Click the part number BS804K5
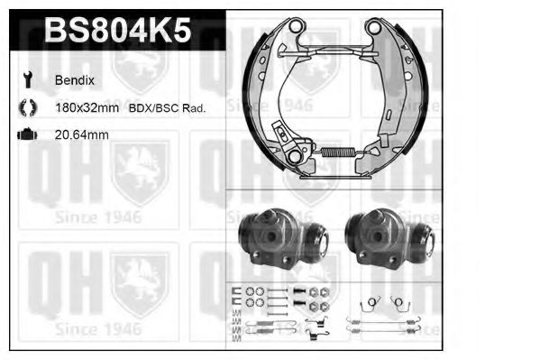click(x=117, y=32)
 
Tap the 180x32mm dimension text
click(x=87, y=107)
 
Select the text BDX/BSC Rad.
click(x=167, y=107)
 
